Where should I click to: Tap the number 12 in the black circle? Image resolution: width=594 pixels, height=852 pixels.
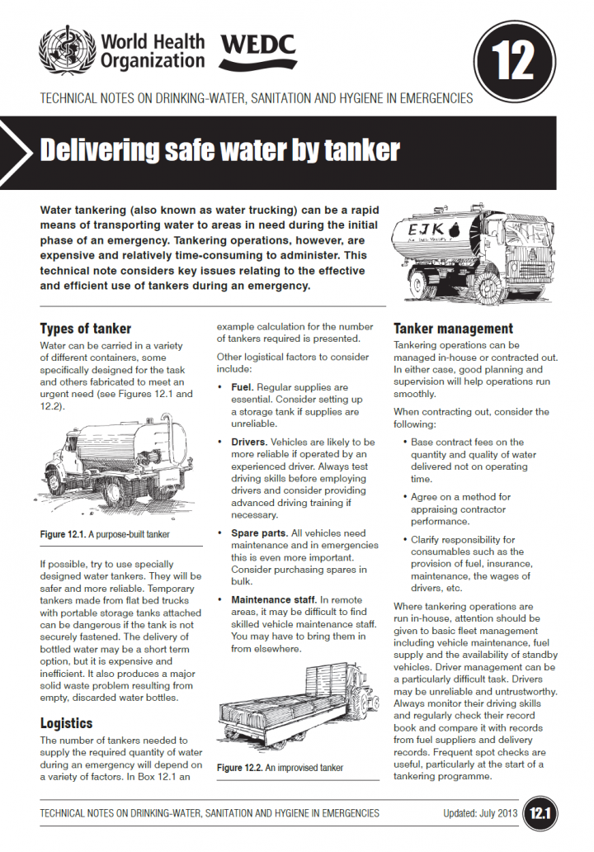[511, 59]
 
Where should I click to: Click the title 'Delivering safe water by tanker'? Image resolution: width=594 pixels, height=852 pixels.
[219, 151]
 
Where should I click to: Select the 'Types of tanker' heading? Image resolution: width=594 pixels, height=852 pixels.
[86, 329]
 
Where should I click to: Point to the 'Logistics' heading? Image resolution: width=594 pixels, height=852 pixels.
[66, 723]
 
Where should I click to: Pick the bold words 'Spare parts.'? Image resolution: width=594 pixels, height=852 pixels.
[259, 534]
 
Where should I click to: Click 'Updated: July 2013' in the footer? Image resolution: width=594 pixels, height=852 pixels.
[468, 814]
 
